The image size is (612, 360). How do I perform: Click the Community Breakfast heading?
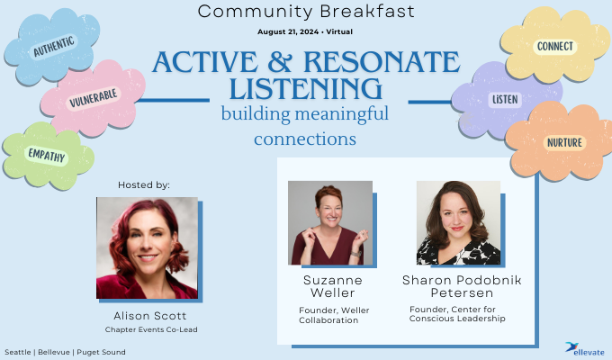pyautogui.click(x=305, y=12)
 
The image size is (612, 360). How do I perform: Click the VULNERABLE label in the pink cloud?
pyautogui.click(x=94, y=100)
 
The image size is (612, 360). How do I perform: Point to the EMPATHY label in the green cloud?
pyautogui.click(x=46, y=156)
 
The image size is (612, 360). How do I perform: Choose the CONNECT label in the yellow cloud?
pyautogui.click(x=554, y=46)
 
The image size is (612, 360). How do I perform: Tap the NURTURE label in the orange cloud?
pyautogui.click(x=564, y=143)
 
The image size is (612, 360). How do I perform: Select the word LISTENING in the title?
pyautogui.click(x=305, y=89)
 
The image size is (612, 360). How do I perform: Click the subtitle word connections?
pyautogui.click(x=305, y=140)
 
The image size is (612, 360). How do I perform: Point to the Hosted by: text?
pyautogui.click(x=144, y=184)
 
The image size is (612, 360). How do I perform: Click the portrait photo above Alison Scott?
pyautogui.click(x=147, y=247)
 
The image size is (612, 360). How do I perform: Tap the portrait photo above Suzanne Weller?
pyautogui.click(x=330, y=222)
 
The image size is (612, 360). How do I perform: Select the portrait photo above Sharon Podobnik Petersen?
pyautogui.click(x=458, y=222)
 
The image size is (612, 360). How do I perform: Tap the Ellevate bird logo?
pyautogui.click(x=571, y=345)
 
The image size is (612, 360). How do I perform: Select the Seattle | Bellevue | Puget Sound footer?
pyautogui.click(x=65, y=351)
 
